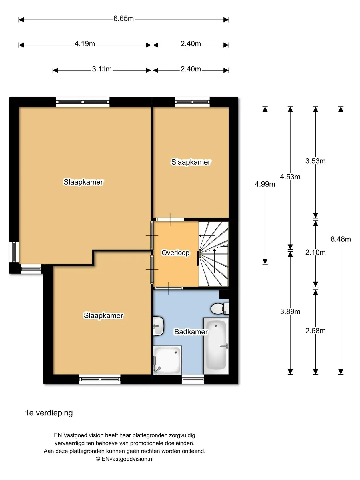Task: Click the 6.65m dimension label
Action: [x=123, y=19]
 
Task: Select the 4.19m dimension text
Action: [x=85, y=44]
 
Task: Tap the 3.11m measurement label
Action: [x=102, y=69]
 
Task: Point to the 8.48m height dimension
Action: [x=341, y=239]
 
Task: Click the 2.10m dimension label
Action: [x=315, y=253]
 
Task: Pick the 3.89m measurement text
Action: [x=290, y=312]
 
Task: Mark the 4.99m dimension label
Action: [x=265, y=184]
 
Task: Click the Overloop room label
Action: [x=175, y=253]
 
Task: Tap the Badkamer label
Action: [x=191, y=332]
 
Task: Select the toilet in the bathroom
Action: [x=219, y=309]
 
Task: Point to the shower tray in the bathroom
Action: [x=167, y=360]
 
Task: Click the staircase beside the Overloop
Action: [x=214, y=253]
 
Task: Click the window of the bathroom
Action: [x=193, y=379]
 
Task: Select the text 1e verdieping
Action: [x=49, y=413]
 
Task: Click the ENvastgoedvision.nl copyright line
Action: [x=125, y=459]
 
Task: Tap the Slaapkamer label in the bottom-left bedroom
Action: [x=103, y=316]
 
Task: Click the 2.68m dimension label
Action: [x=315, y=331]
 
